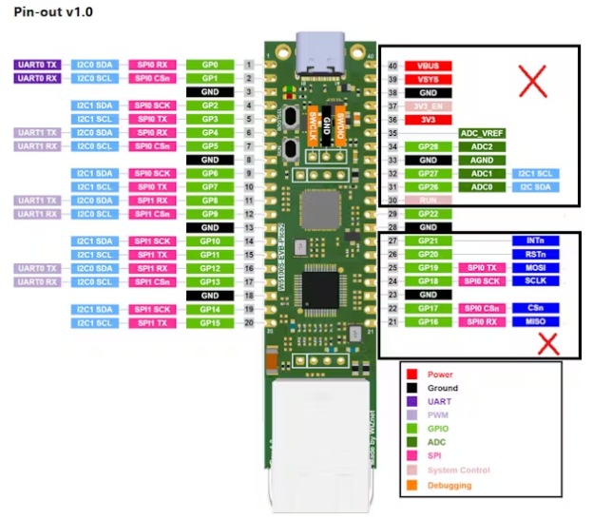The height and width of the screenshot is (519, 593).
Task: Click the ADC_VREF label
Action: pyautogui.click(x=481, y=134)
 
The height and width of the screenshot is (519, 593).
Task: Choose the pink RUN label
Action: pyautogui.click(x=428, y=202)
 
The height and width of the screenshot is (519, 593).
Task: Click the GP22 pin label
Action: pyautogui.click(x=428, y=215)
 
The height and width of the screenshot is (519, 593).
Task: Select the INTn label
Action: pyautogui.click(x=534, y=242)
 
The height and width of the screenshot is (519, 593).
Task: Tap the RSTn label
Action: pyautogui.click(x=534, y=256)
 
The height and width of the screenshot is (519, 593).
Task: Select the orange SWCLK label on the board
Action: pyautogui.click(x=312, y=123)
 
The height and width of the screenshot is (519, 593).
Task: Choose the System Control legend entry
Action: pyautogui.click(x=459, y=471)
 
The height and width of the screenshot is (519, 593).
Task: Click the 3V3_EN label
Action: pyautogui.click(x=428, y=106)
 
